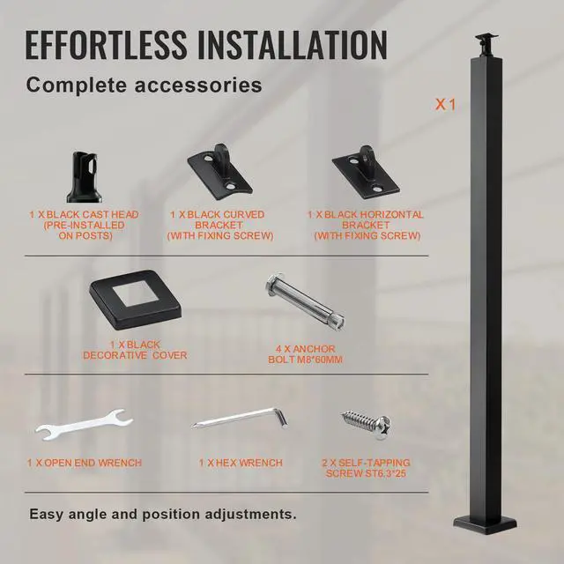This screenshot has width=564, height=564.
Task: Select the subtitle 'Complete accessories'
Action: (x=144, y=85)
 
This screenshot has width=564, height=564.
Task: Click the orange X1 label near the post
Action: (x=445, y=104)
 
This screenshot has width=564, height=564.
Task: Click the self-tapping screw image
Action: (x=365, y=426)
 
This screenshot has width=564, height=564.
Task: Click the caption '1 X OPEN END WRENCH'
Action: (x=84, y=463)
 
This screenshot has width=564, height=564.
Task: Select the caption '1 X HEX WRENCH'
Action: (x=240, y=463)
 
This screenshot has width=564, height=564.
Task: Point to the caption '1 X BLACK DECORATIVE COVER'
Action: (x=135, y=350)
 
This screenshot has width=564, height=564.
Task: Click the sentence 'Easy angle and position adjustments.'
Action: (x=163, y=513)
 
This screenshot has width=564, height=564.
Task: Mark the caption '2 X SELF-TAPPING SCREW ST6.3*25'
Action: (x=366, y=468)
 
